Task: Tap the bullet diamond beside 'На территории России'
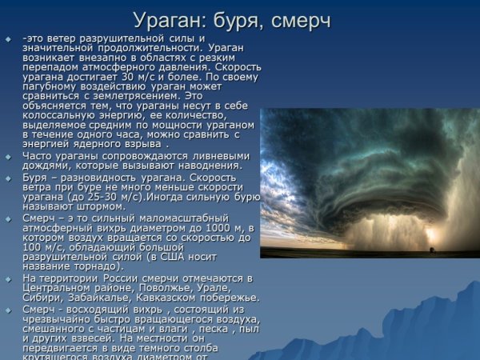pyautogui.click(x=8, y=278)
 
